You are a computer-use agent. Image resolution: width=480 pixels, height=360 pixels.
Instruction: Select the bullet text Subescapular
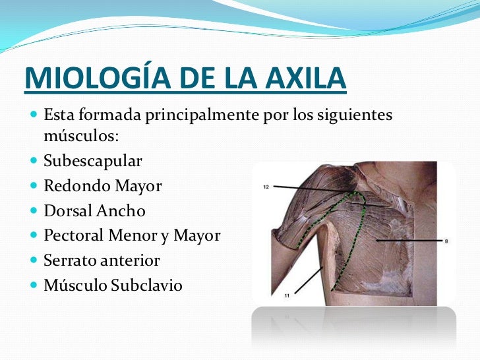(x=92, y=161)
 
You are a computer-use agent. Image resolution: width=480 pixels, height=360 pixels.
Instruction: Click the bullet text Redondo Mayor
(x=102, y=186)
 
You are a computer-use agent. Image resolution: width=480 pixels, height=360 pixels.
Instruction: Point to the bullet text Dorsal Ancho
(x=94, y=211)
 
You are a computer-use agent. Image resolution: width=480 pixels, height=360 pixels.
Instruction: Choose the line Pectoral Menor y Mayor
(x=132, y=235)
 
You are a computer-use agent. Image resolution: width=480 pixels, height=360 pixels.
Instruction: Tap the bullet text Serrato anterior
(x=102, y=260)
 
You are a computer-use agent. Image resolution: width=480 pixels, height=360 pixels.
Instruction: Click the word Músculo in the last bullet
(x=72, y=285)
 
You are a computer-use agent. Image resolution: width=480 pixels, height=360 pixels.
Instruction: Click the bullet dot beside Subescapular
(x=34, y=161)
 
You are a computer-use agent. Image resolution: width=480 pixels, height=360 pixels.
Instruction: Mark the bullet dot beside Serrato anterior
(x=34, y=260)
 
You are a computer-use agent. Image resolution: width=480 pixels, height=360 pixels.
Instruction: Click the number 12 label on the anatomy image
(x=266, y=187)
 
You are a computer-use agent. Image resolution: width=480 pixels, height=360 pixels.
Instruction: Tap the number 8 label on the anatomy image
(x=446, y=242)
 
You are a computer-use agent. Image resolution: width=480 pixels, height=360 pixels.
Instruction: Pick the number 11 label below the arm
(x=287, y=296)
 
